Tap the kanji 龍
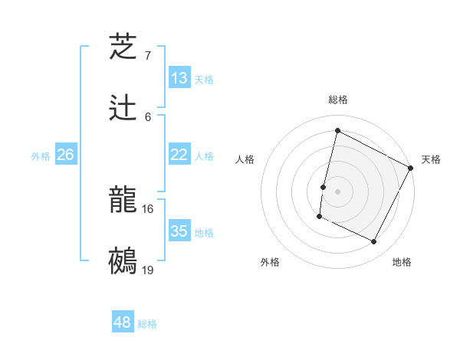point(123,200)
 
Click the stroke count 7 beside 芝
point(147,56)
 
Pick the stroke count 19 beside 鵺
point(148,270)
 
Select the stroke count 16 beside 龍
point(148,208)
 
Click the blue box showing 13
point(179,78)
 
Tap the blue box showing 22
point(179,155)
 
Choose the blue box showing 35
point(179,231)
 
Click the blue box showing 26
point(65,155)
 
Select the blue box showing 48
point(123,322)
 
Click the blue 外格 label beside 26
point(41,156)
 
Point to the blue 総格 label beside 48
point(147,324)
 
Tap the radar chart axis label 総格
point(338,100)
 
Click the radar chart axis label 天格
point(431,159)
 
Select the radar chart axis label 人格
point(245,159)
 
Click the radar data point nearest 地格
point(374,242)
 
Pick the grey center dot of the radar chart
point(338,191)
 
